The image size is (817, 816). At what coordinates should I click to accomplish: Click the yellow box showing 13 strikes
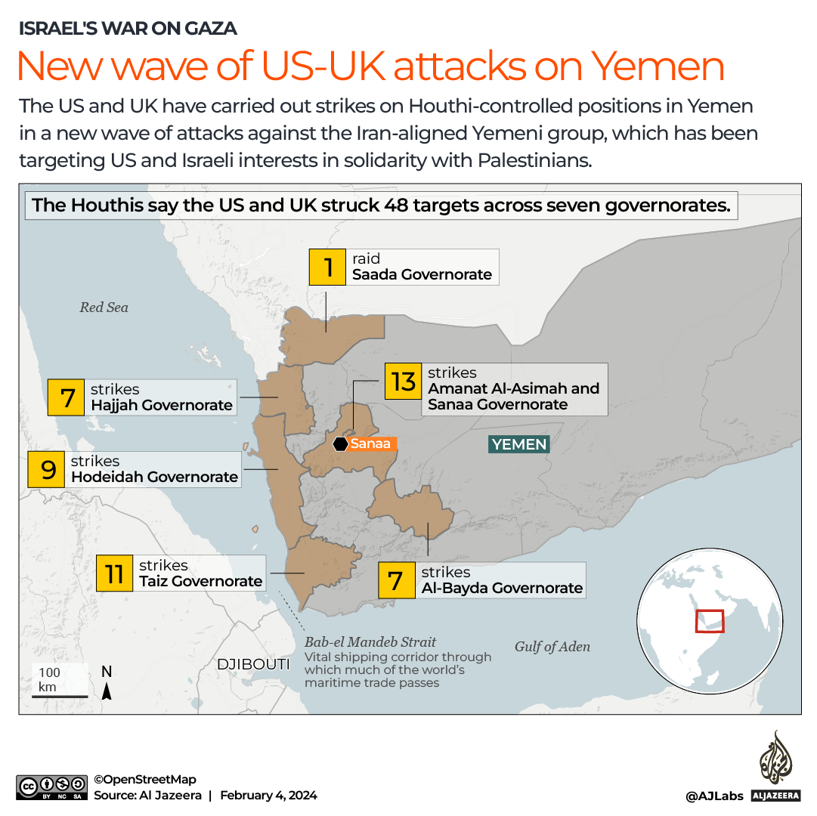[x=404, y=382]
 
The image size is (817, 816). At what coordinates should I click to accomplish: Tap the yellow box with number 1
[x=328, y=267]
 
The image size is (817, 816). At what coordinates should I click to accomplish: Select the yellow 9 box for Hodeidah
[x=48, y=469]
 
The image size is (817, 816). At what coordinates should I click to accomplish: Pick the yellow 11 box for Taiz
[x=114, y=573]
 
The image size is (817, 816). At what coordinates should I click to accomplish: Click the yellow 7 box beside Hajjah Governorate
[x=67, y=397]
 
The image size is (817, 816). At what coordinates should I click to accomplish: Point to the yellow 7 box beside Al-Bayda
[x=395, y=580]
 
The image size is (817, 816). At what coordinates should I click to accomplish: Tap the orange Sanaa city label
[x=371, y=444]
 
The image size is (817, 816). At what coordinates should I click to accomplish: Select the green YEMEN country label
[x=519, y=444]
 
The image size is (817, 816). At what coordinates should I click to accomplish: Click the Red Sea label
[x=104, y=308]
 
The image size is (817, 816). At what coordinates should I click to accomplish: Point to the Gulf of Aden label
[x=552, y=646]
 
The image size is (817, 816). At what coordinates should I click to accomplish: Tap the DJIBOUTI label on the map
[x=253, y=664]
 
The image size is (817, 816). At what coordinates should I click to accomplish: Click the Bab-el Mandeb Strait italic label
[x=370, y=642]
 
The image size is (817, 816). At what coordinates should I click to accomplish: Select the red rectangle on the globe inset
[x=710, y=620]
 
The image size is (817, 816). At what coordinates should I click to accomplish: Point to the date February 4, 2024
[x=268, y=795]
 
